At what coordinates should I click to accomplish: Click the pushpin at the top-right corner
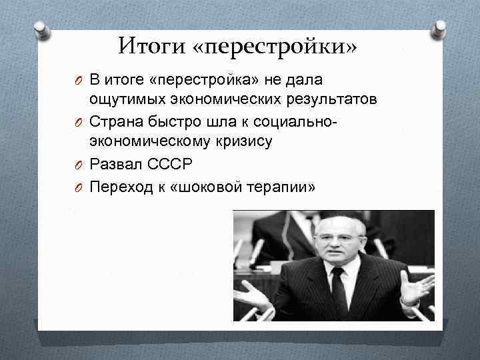tap(439, 28)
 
